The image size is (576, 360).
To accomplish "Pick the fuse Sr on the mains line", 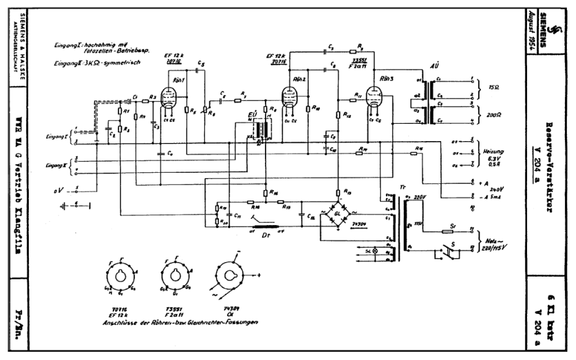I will (446, 232).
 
